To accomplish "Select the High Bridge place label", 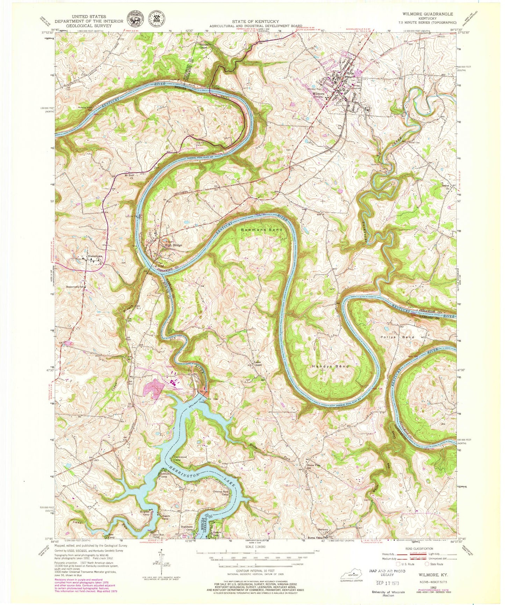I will click(173, 245).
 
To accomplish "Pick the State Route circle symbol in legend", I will click(427, 564).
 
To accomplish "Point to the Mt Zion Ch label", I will click(130, 176).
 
